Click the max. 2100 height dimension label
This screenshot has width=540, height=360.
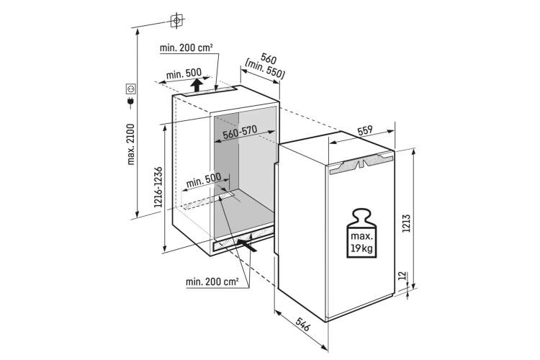(131, 144)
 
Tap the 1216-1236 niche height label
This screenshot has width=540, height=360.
(158, 186)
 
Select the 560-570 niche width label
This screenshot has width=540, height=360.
(240, 132)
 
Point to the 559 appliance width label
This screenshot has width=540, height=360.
(365, 131)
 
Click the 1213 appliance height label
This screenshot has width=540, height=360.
(406, 223)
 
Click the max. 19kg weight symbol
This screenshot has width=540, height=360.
(361, 233)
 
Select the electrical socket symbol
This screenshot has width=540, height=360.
(131, 89)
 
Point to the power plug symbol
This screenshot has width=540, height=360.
(130, 102)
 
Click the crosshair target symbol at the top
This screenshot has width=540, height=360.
(176, 21)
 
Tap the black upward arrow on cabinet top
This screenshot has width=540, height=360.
(197, 85)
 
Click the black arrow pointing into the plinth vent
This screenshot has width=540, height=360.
(246, 245)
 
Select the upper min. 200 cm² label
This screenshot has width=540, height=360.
(186, 48)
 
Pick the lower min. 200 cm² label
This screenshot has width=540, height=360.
(212, 282)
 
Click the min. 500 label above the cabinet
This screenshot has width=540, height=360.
(183, 73)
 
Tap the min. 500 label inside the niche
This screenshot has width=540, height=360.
(204, 180)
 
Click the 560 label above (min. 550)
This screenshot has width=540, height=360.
(269, 58)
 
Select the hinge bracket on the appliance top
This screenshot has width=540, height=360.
(361, 162)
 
